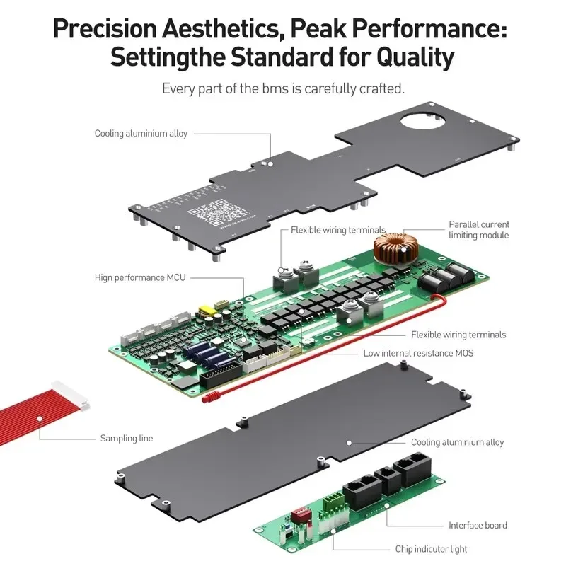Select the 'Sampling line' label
click(127, 439)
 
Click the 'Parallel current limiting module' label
click(478, 229)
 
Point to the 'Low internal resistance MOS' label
click(418, 352)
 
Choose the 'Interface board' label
click(478, 525)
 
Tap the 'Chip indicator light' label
click(431, 549)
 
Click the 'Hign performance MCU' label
click(140, 277)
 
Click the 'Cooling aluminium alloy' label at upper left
click(141, 133)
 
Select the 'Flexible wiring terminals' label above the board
click(338, 230)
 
